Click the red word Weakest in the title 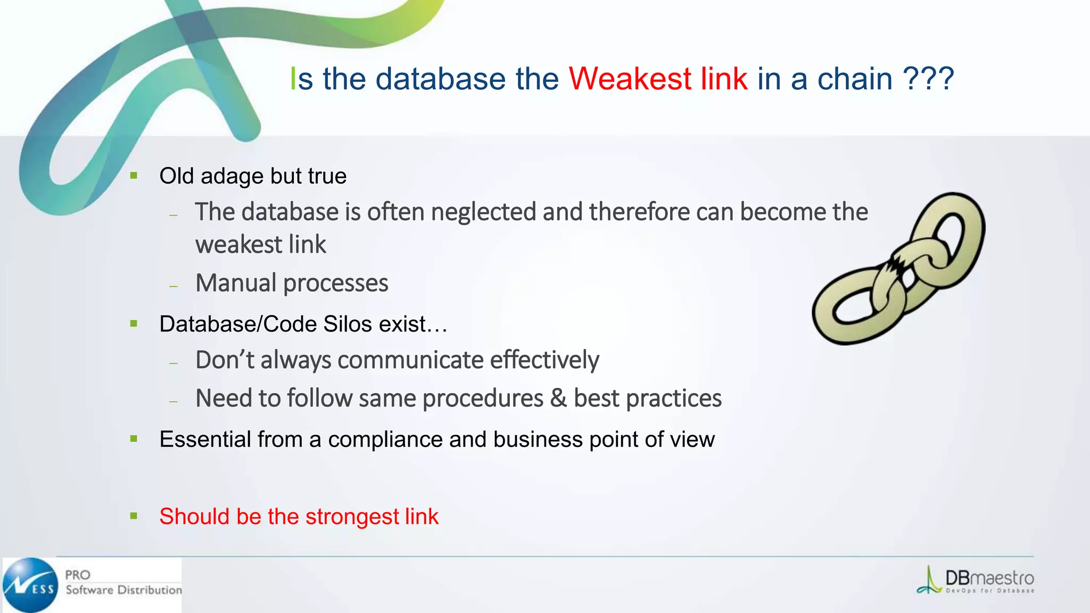(630, 79)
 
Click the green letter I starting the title (293, 79)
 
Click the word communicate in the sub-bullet (410, 360)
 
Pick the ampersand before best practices (558, 398)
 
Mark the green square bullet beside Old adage (134, 176)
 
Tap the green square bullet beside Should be (134, 516)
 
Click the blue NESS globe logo (30, 585)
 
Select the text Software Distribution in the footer (123, 590)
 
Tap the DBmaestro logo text (989, 578)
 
